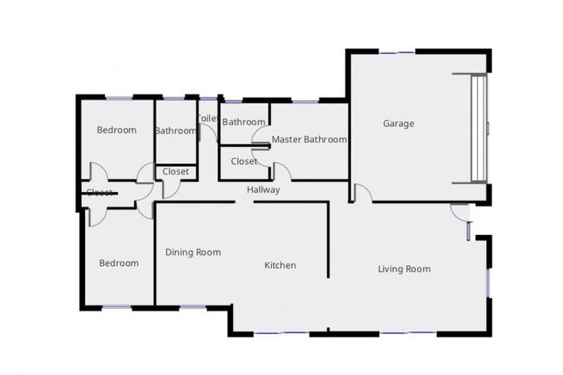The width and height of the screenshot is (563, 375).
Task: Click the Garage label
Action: (398, 124)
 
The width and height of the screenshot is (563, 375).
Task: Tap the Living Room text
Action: (404, 269)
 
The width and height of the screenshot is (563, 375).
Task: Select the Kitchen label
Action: (280, 265)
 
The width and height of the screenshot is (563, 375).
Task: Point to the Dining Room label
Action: (193, 252)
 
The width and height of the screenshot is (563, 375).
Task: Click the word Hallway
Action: (263, 190)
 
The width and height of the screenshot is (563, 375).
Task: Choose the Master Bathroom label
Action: (309, 139)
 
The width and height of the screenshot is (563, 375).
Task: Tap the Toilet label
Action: (207, 119)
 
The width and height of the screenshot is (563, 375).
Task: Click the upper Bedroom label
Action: (117, 130)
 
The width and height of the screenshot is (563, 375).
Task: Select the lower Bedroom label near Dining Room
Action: (119, 263)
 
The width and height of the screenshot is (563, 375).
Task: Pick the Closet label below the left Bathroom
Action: (176, 171)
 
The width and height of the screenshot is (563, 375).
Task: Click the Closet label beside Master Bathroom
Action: (243, 161)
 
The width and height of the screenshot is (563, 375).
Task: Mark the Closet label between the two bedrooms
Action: (100, 193)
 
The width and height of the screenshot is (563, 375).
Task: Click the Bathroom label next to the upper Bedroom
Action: (176, 131)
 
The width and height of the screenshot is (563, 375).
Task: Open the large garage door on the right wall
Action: (479, 127)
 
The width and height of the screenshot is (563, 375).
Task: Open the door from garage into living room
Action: (361, 193)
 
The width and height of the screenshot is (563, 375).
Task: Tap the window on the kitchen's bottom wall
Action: (281, 334)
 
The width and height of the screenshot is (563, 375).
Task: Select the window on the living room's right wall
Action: (488, 282)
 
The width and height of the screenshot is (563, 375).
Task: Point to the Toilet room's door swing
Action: (208, 133)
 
